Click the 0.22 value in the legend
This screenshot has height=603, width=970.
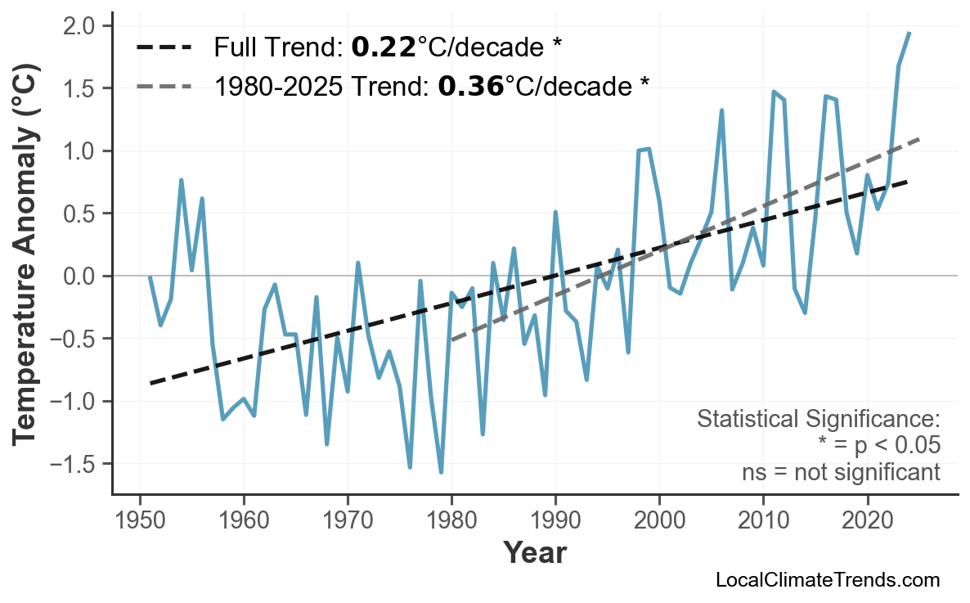pyautogui.click(x=383, y=47)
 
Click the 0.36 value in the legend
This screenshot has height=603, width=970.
pyautogui.click(x=470, y=85)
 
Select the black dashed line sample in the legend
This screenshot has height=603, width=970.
pyautogui.click(x=164, y=47)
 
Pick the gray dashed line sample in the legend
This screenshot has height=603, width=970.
pyautogui.click(x=164, y=85)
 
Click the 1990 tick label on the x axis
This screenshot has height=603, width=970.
pyautogui.click(x=555, y=520)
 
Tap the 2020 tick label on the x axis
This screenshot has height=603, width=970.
pyautogui.click(x=867, y=520)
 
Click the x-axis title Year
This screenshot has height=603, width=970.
pyautogui.click(x=534, y=553)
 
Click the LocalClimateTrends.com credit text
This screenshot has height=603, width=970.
pyautogui.click(x=827, y=581)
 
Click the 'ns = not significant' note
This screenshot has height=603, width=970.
pyautogui.click(x=840, y=472)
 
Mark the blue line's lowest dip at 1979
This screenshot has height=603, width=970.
pyautogui.click(x=441, y=472)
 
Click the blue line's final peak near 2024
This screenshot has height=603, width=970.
pyautogui.click(x=909, y=33)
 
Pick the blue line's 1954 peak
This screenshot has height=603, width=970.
pyautogui.click(x=181, y=180)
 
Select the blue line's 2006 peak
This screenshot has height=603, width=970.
pyautogui.click(x=721, y=110)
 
